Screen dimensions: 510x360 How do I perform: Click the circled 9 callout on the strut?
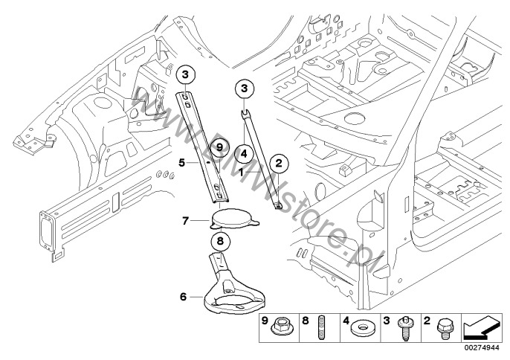(219, 148)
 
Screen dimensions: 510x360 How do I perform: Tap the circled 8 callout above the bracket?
(220, 241)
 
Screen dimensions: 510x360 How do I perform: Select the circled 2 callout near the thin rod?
(279, 163)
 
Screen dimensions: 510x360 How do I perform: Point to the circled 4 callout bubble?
(244, 153)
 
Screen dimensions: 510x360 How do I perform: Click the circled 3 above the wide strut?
(185, 75)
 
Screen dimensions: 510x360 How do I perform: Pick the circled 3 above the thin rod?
(244, 89)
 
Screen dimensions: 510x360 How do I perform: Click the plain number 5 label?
(182, 162)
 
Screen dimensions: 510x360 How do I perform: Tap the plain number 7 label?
(185, 222)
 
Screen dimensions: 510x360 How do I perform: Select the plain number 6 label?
(184, 297)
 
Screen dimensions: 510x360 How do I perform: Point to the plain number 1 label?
(241, 172)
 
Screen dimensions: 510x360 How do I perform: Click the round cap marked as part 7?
(235, 219)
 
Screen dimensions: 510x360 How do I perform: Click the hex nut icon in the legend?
(281, 327)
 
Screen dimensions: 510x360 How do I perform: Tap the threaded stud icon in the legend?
(317, 328)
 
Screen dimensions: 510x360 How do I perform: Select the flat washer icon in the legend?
(361, 327)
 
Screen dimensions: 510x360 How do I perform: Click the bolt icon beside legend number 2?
(444, 327)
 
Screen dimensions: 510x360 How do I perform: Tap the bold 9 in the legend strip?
(265, 321)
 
